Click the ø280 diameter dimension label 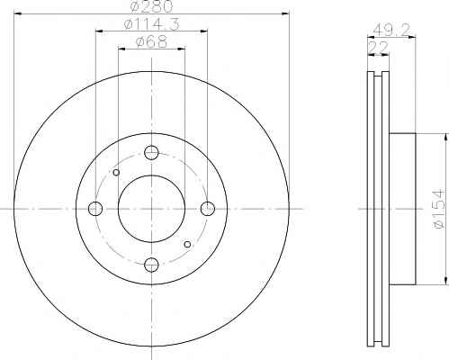152,6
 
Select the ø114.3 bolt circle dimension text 152,24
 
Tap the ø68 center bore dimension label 151,41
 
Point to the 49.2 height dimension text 391,30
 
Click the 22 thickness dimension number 378,48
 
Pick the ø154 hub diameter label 439,209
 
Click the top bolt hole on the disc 151,153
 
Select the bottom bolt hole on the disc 151,265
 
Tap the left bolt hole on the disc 95,209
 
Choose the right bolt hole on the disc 208,209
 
